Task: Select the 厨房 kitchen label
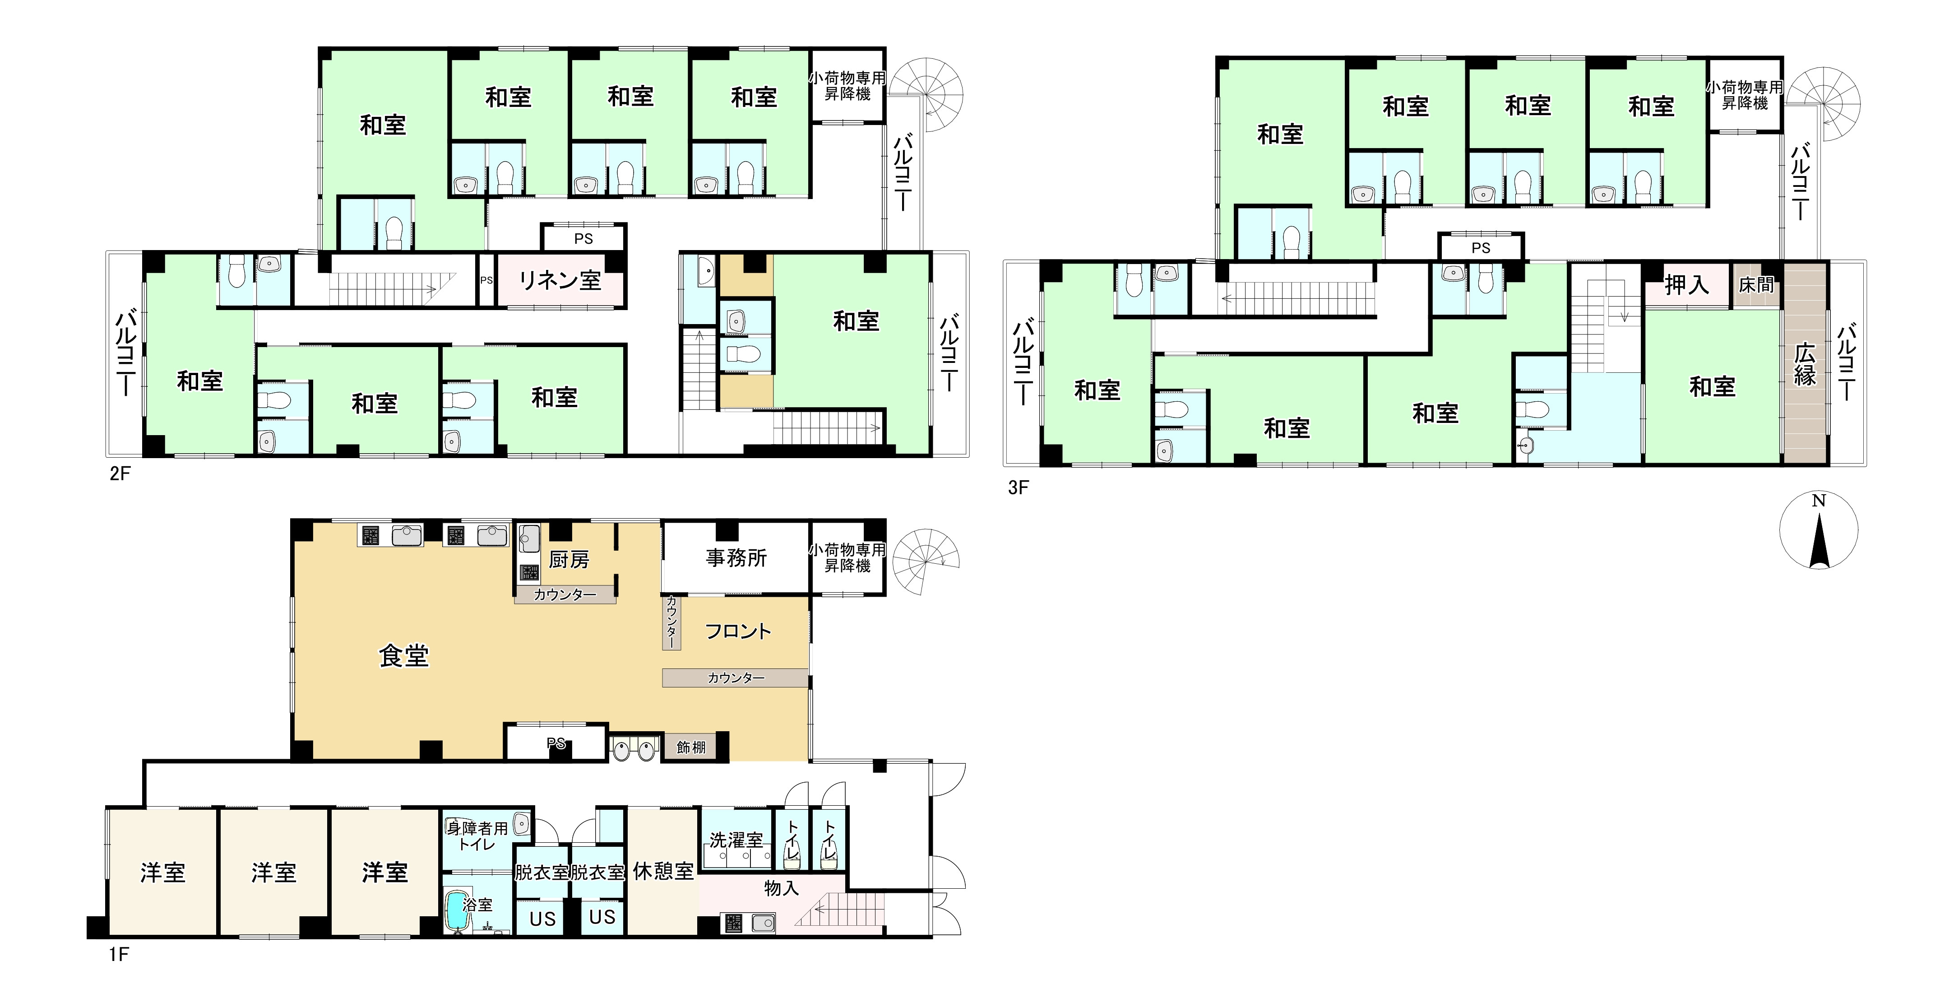click(x=569, y=560)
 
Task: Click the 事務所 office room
click(x=735, y=558)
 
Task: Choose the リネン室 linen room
click(x=560, y=280)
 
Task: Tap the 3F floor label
click(x=1018, y=487)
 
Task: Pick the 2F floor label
click(x=120, y=473)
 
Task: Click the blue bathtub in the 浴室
click(x=457, y=910)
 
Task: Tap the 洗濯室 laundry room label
click(x=736, y=840)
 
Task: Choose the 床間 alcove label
click(x=1756, y=284)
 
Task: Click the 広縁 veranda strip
click(x=1805, y=363)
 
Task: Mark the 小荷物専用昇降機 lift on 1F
click(x=847, y=558)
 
